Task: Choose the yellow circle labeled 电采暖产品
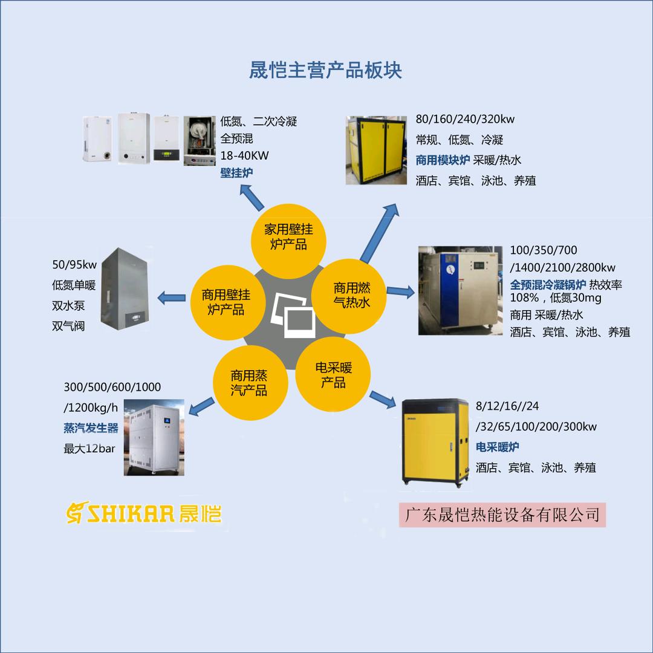(333, 375)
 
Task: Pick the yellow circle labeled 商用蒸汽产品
(249, 383)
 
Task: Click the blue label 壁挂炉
(236, 173)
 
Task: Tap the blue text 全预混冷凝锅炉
(548, 284)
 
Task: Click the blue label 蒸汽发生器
(91, 428)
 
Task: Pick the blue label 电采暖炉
(497, 447)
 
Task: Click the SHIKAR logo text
(144, 513)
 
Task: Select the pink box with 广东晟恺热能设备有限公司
(502, 515)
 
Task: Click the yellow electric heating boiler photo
(435, 441)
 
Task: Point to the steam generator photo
(155, 437)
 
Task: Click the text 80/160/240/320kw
(465, 119)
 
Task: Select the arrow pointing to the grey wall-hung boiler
(172, 297)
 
